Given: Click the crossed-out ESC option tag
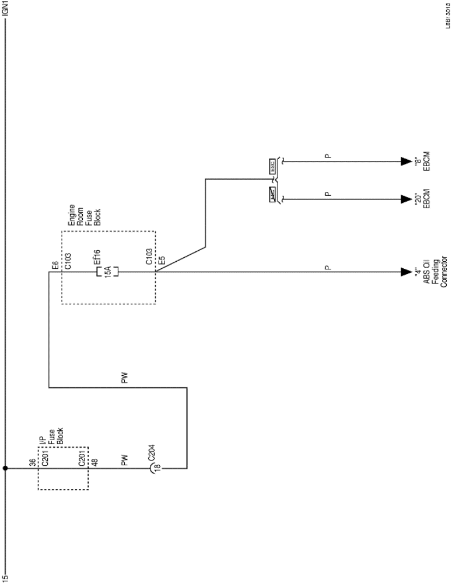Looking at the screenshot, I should click(272, 194).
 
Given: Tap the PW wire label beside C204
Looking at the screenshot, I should click(124, 461).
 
